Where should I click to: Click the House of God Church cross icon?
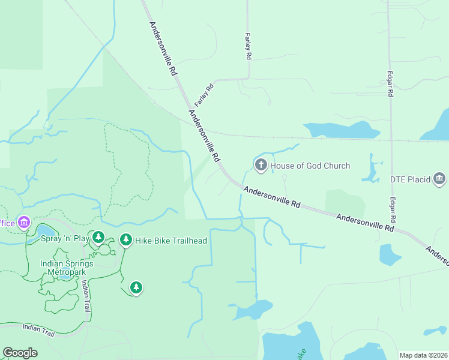pyautogui.click(x=261, y=165)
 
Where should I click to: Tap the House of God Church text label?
pyautogui.click(x=310, y=166)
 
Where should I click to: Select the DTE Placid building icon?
pyautogui.click(x=439, y=178)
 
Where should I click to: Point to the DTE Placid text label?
pyautogui.click(x=410, y=179)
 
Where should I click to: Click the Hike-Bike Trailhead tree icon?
pyautogui.click(x=125, y=240)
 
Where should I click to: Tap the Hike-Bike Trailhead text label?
pyautogui.click(x=170, y=241)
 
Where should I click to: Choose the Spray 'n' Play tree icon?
pyautogui.click(x=98, y=238)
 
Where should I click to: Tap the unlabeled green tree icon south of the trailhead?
pyautogui.click(x=136, y=288)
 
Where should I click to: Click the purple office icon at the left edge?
pyautogui.click(x=23, y=223)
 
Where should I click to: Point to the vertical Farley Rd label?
pyautogui.click(x=247, y=46)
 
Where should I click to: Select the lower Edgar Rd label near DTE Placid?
pyautogui.click(x=391, y=209)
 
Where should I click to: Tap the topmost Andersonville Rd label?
pyautogui.click(x=163, y=48)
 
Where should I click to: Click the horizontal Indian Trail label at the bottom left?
pyautogui.click(x=38, y=329)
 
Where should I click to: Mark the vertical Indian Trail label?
pyautogui.click(x=86, y=296)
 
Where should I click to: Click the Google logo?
pyautogui.click(x=20, y=353)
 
